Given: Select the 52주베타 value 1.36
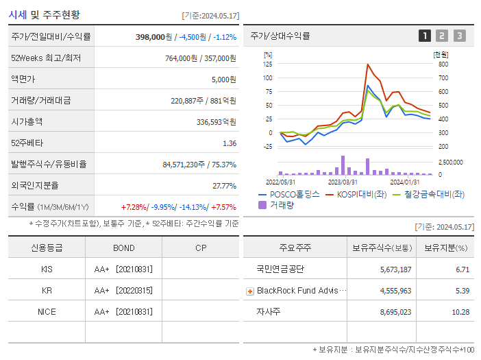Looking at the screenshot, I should (229, 143).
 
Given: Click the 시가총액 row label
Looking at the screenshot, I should (27, 121).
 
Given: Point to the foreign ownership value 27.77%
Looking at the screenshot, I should (224, 185).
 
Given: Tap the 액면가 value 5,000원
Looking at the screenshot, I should (223, 79).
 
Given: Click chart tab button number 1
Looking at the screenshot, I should (425, 36).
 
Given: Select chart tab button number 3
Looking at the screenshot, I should (459, 36).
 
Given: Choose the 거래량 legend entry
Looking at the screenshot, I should (281, 204).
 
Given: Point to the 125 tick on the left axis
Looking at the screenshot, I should (267, 64).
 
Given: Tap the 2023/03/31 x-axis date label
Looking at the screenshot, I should (343, 182).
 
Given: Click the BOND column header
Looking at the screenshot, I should (123, 248).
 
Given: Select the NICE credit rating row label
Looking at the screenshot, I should (47, 311).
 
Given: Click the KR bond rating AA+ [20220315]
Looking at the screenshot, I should (123, 290).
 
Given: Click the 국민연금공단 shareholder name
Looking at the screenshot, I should (280, 269).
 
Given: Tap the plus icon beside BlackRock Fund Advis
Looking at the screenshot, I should (250, 291).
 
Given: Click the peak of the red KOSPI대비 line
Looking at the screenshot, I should (368, 64).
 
